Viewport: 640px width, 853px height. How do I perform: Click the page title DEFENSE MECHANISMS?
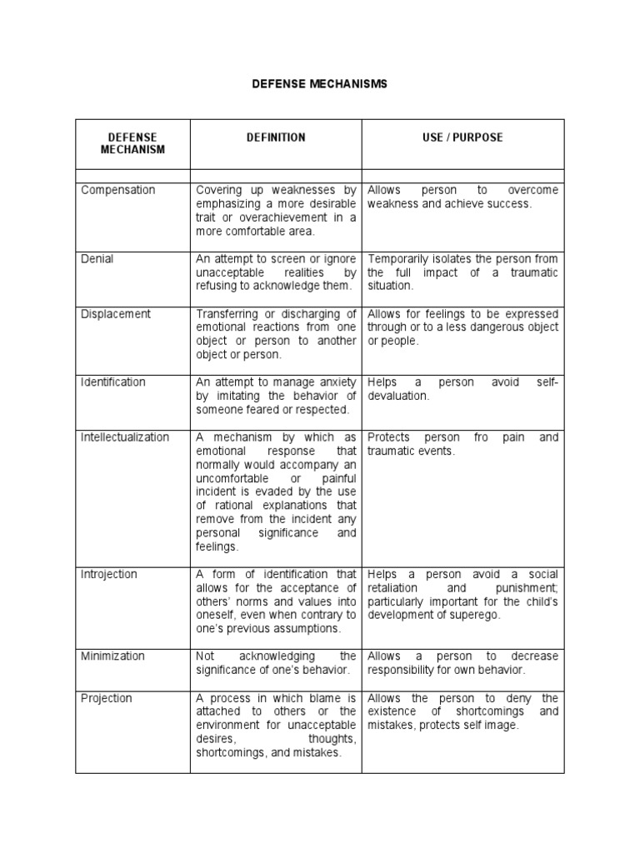[320, 85]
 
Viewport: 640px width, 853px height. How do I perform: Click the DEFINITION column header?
[275, 137]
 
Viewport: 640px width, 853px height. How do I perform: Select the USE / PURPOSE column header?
[462, 137]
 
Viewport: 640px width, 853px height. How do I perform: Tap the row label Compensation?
[118, 190]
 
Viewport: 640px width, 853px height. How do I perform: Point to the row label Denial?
[97, 259]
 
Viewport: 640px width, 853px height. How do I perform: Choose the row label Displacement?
[116, 314]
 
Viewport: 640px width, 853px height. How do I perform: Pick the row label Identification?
[113, 382]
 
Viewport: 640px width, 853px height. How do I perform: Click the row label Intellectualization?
[125, 437]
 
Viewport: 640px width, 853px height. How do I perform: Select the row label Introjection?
[109, 575]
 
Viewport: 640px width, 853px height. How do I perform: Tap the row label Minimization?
[112, 656]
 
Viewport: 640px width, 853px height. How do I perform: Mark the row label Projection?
[107, 698]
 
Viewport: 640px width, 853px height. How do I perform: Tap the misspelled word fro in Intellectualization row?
[480, 437]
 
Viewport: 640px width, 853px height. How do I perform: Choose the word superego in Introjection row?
[481, 616]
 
